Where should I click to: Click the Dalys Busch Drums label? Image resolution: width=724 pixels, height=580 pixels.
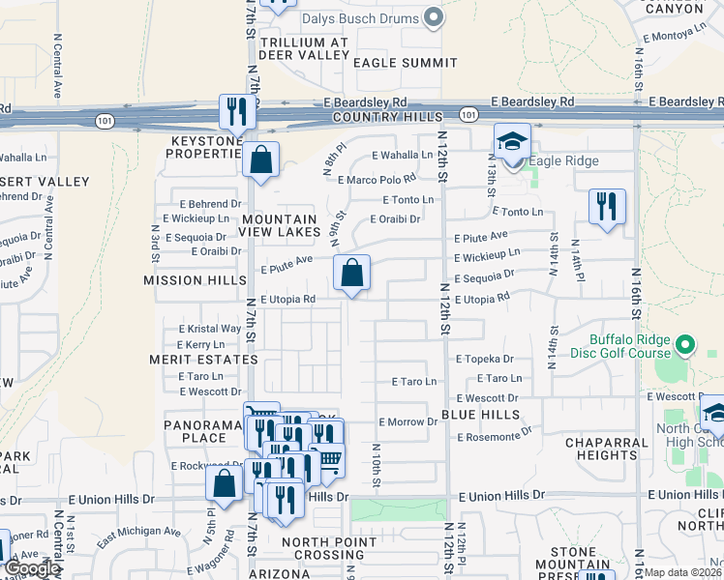[x=359, y=18]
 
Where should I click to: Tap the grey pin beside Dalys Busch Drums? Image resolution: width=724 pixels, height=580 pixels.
[x=434, y=17]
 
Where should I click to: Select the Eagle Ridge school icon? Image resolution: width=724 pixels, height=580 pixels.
[x=512, y=142]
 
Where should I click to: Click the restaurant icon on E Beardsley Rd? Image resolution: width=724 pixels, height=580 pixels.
[x=236, y=112]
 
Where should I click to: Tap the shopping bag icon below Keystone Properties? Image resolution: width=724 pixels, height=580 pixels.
[x=261, y=159]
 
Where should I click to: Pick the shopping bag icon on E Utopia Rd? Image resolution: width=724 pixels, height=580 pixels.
[x=352, y=274]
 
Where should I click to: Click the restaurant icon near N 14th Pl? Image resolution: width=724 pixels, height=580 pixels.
[x=607, y=206]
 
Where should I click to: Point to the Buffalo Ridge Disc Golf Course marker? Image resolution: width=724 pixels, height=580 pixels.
[x=685, y=344]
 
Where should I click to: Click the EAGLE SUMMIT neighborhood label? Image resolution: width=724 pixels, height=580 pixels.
[x=405, y=63]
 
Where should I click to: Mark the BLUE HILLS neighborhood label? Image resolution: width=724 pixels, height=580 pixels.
[x=481, y=414]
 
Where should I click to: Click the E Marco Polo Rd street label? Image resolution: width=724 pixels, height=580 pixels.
[x=377, y=179]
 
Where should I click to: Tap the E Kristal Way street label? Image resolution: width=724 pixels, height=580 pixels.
[x=209, y=329]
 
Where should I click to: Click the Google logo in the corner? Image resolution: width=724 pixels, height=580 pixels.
[x=32, y=569]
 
